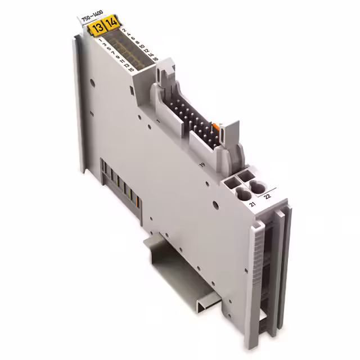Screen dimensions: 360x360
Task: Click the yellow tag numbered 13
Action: point(98,26)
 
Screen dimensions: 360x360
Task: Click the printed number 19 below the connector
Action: point(201,164)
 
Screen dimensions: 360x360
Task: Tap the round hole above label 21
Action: point(244,195)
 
